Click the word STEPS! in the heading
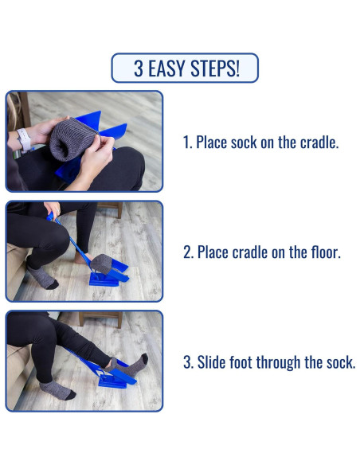point(215,68)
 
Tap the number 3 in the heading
point(139,68)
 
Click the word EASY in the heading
point(166,68)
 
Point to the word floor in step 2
point(326,252)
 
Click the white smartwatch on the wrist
point(24,139)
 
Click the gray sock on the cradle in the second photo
point(101,262)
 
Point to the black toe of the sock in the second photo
point(53,285)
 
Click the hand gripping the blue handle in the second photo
point(53,209)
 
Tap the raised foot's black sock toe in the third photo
point(144,358)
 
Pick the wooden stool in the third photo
point(101,318)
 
